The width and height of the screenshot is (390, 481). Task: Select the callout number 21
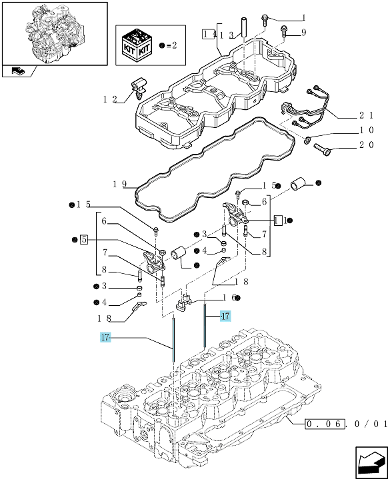click(x=367, y=116)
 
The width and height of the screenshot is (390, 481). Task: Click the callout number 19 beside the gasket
click(x=120, y=184)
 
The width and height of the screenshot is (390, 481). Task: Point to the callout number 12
click(x=110, y=99)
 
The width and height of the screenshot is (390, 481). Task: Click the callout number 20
click(x=367, y=145)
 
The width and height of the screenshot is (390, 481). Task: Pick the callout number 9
click(x=304, y=32)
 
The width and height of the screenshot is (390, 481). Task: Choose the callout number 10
click(x=367, y=130)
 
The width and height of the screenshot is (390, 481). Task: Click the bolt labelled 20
click(x=322, y=149)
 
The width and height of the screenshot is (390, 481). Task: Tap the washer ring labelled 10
click(x=307, y=141)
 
